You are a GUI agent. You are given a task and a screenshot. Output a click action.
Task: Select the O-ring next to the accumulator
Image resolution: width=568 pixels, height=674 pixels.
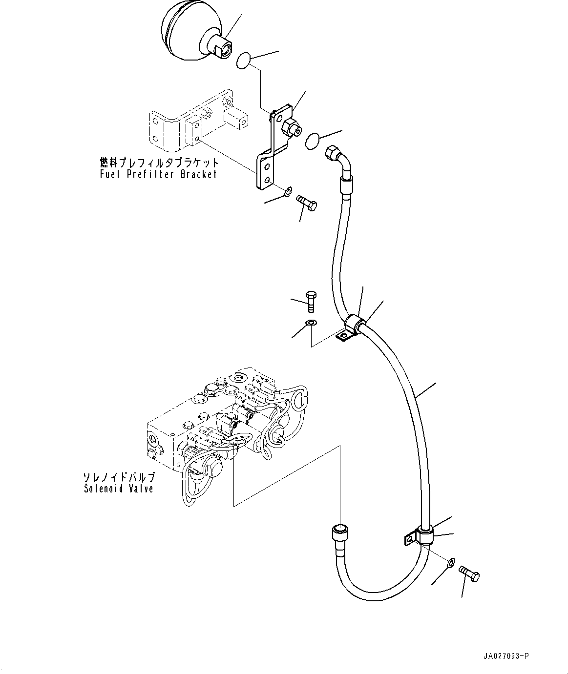[x=244, y=61]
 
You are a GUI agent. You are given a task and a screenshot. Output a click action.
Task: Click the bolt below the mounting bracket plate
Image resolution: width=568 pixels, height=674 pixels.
[x=306, y=203]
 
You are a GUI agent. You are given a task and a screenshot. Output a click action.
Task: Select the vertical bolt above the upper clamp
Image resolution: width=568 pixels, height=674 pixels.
[x=311, y=302]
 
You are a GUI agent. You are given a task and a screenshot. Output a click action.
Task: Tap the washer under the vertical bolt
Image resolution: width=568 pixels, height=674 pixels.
[x=311, y=322]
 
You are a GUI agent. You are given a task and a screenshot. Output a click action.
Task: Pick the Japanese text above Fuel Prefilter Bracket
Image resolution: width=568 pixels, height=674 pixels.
[x=159, y=162]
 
